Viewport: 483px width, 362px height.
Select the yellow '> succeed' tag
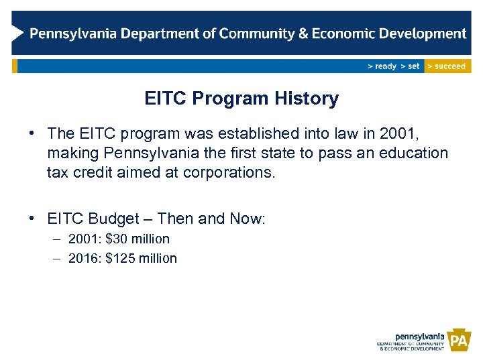click(x=447, y=66)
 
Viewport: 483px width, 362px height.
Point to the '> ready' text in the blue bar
click(x=382, y=66)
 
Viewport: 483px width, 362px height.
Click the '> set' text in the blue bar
click(x=410, y=66)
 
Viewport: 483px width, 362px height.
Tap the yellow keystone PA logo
click(x=459, y=341)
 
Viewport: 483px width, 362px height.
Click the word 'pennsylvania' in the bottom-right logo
click(x=420, y=336)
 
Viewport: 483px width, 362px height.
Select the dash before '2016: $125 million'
click(x=56, y=258)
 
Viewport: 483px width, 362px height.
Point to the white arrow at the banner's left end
click(x=19, y=33)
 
